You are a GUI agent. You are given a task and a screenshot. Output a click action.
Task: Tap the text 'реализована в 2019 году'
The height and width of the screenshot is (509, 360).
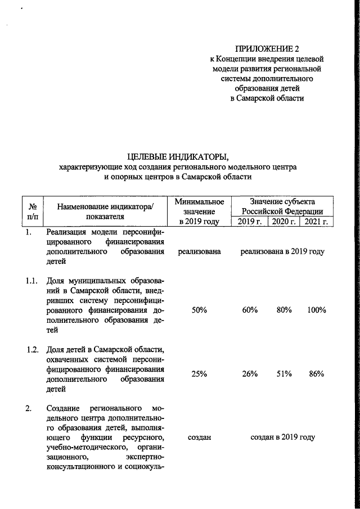point(282,252)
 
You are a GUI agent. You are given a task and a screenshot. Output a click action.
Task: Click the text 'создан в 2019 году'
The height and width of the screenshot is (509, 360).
point(282,437)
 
